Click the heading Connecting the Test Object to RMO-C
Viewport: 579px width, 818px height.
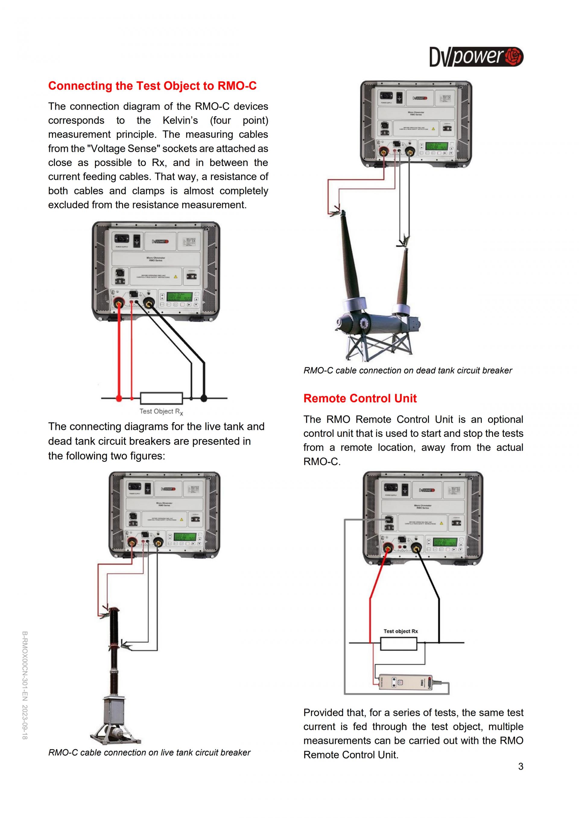pyautogui.click(x=152, y=86)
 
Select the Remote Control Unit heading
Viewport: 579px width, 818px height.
pyautogui.click(x=360, y=398)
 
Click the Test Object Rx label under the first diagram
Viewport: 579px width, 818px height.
pyautogui.click(x=161, y=412)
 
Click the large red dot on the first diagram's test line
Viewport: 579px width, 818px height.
pyautogui.click(x=119, y=398)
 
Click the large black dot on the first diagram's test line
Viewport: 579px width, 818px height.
pyautogui.click(x=204, y=398)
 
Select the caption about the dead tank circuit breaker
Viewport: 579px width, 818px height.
pyautogui.click(x=407, y=371)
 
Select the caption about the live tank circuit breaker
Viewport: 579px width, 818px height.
pyautogui.click(x=149, y=752)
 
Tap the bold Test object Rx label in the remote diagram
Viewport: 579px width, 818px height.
pyautogui.click(x=400, y=631)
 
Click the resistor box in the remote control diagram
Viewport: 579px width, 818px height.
pyautogui.click(x=399, y=644)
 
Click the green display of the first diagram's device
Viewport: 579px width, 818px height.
pyautogui.click(x=180, y=297)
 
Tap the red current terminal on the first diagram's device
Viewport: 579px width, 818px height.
pyautogui.click(x=119, y=303)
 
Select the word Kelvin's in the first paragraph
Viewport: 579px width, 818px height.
pyautogui.click(x=180, y=121)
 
